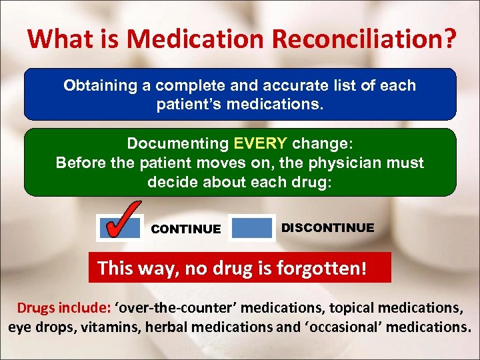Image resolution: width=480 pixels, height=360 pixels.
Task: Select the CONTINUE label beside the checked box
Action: click(x=186, y=229)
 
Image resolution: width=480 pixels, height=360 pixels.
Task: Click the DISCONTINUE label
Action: click(x=327, y=228)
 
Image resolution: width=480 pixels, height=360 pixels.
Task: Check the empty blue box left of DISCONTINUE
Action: click(x=251, y=228)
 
